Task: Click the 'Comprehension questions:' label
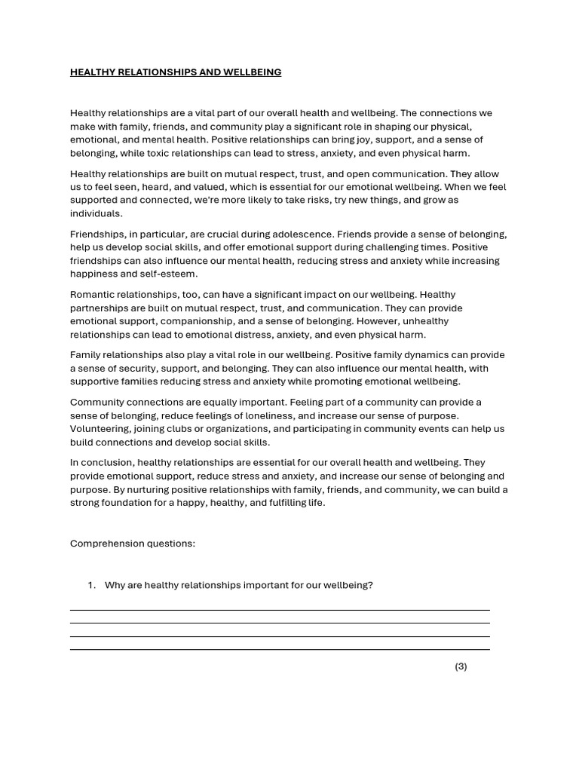point(133,544)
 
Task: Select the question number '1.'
point(92,585)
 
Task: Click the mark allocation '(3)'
point(461,666)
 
